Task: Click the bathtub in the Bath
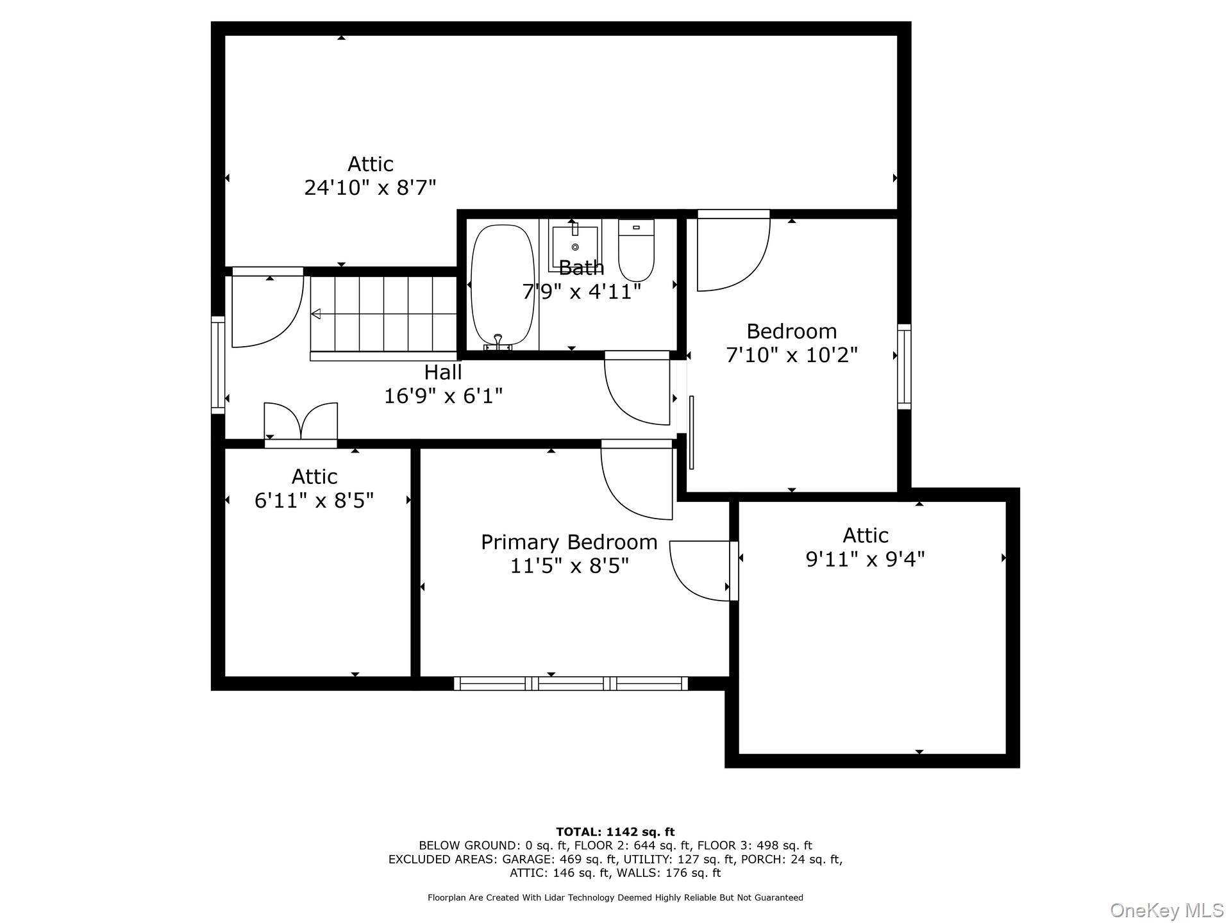[503, 285]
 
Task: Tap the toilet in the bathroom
[636, 251]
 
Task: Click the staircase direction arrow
[316, 314]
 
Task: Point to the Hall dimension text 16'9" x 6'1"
[443, 396]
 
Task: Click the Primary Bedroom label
[569, 542]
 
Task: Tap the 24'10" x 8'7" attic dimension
[370, 188]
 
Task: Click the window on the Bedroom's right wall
[903, 367]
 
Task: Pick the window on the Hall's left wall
[218, 365]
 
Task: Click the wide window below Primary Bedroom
[571, 683]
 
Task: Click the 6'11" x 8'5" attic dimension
[314, 501]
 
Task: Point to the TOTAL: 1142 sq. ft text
[615, 832]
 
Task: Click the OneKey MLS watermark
[1166, 910]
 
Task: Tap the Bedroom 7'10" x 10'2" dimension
[791, 355]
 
